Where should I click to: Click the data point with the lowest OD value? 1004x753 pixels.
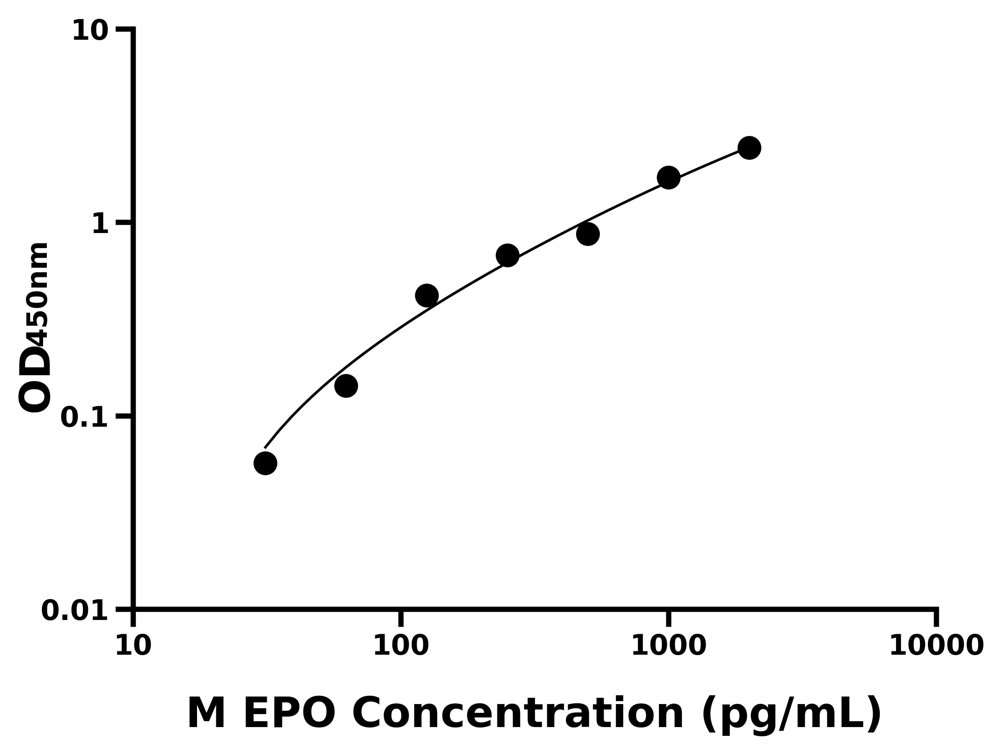click(265, 463)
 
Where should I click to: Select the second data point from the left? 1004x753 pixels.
click(346, 386)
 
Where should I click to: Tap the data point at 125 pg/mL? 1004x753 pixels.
click(427, 296)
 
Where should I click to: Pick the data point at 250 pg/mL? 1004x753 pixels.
click(507, 256)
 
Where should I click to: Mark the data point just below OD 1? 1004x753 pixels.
click(588, 234)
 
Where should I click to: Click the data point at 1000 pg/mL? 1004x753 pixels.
click(668, 177)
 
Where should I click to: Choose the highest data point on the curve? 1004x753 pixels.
click(749, 148)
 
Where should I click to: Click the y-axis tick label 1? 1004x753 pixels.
click(100, 224)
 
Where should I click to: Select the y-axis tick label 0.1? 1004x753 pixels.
click(85, 417)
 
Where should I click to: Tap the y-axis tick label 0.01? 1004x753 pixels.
click(75, 611)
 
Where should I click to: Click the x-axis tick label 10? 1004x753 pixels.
click(133, 646)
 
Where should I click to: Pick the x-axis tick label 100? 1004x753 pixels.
click(400, 646)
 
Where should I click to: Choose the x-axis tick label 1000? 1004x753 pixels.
click(668, 646)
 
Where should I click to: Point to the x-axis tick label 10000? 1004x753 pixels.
click(936, 646)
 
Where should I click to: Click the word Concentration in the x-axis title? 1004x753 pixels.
click(517, 714)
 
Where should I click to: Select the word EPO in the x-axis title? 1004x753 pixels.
click(289, 714)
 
